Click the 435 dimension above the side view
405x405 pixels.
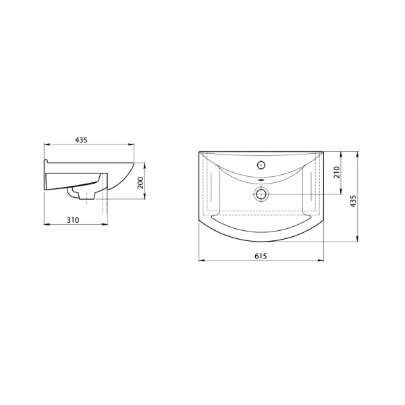(x=82, y=140)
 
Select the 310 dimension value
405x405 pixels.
(x=73, y=220)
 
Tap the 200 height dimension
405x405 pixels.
(x=140, y=183)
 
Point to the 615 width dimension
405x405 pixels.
(x=261, y=256)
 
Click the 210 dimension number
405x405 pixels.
(x=336, y=172)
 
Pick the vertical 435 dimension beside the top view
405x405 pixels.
(x=353, y=200)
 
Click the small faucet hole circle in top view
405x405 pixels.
(x=261, y=165)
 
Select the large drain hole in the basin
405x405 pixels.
(x=261, y=194)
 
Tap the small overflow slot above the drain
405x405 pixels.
(x=261, y=180)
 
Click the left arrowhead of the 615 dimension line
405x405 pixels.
(x=201, y=260)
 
